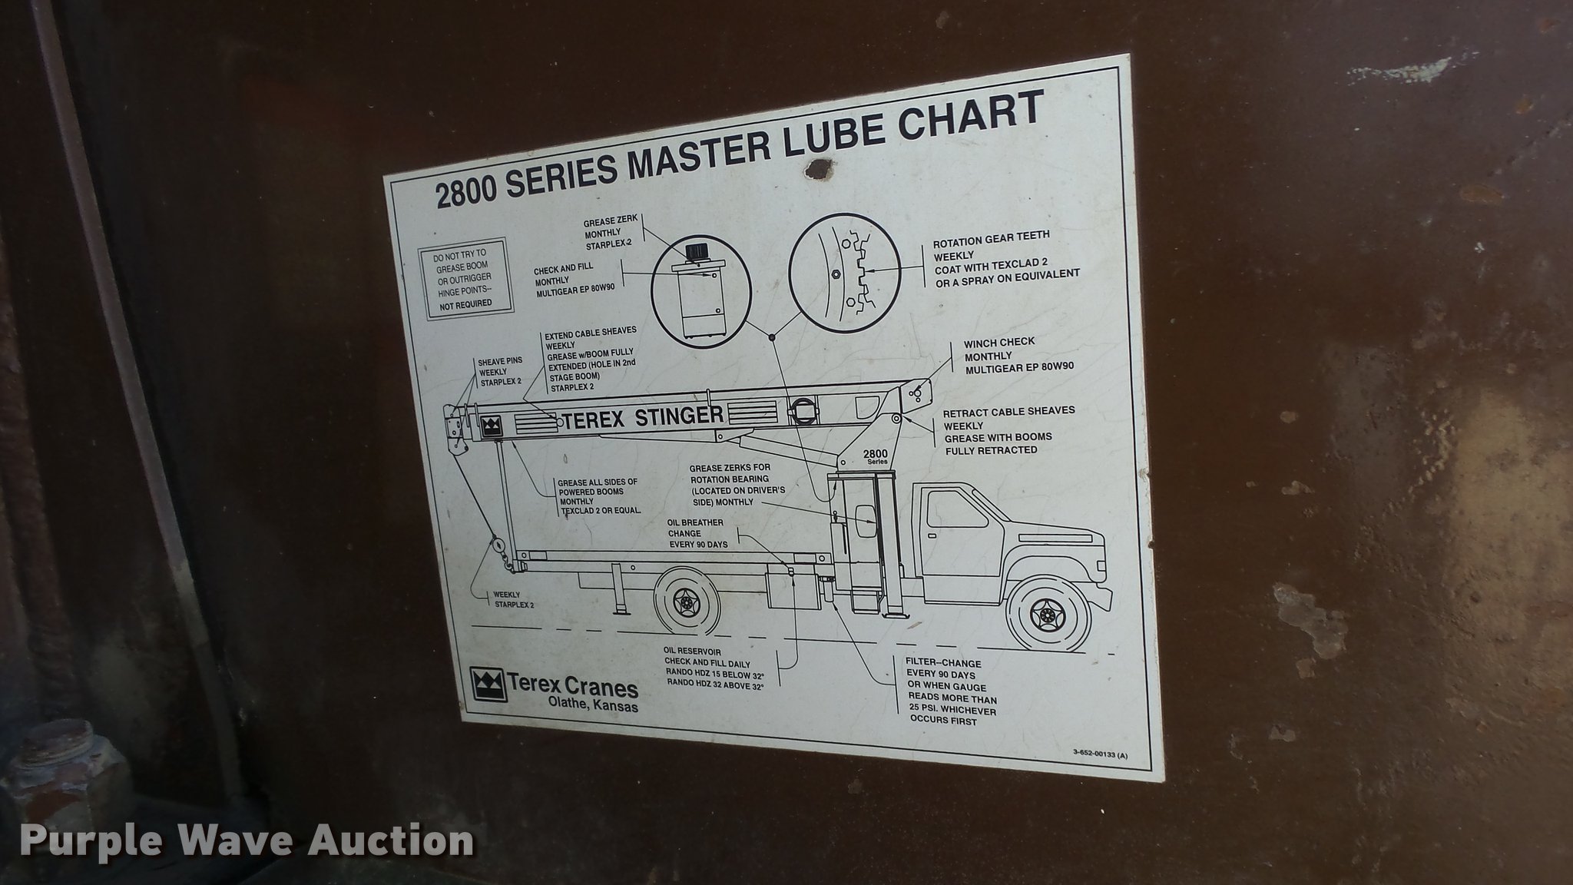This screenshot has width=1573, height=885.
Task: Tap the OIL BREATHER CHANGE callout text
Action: pos(697,532)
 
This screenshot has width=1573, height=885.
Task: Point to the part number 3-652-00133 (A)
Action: pos(1100,754)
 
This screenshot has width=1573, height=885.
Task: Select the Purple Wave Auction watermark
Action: pos(247,840)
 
